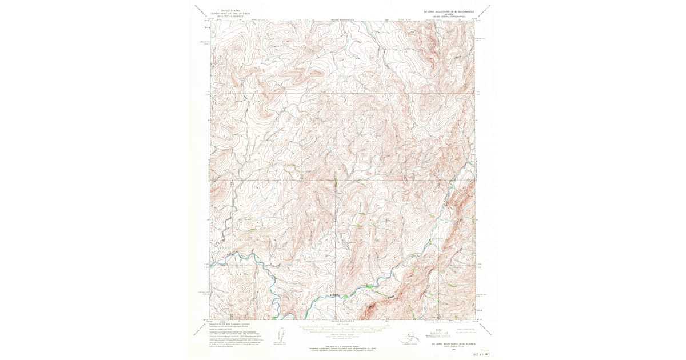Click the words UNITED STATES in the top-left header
pos(226,10)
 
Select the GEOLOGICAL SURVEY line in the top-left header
pos(226,17)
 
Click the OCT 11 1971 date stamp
pos(482,354)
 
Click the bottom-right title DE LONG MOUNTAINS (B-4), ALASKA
pos(452,345)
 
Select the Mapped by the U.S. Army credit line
pos(229,325)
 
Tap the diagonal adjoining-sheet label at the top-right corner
pos(485,11)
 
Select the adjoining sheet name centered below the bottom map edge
pos(343,322)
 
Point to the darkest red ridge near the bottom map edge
pos(370,309)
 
